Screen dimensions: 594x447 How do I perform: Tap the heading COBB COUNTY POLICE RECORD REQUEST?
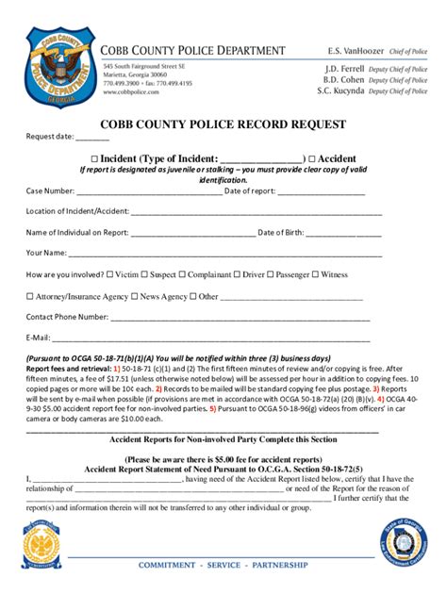click(223, 124)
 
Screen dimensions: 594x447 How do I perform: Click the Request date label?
click(49, 137)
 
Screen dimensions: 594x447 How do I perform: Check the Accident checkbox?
click(312, 158)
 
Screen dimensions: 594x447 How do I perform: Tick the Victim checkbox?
click(109, 274)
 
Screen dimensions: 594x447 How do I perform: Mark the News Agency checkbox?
click(135, 296)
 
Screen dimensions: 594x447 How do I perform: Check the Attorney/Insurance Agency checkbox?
click(29, 296)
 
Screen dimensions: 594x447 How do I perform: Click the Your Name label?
click(46, 253)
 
